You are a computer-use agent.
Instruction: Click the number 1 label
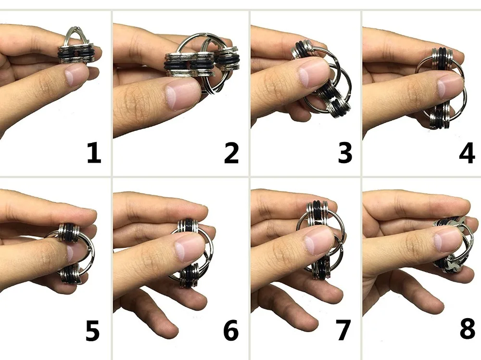tap(94, 153)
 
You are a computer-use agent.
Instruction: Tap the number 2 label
tap(231, 153)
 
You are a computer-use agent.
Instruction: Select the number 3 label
tap(345, 153)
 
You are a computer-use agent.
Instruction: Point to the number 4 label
tap(467, 153)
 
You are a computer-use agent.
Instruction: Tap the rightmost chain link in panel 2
tap(227, 58)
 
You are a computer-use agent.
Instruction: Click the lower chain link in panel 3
tap(339, 102)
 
